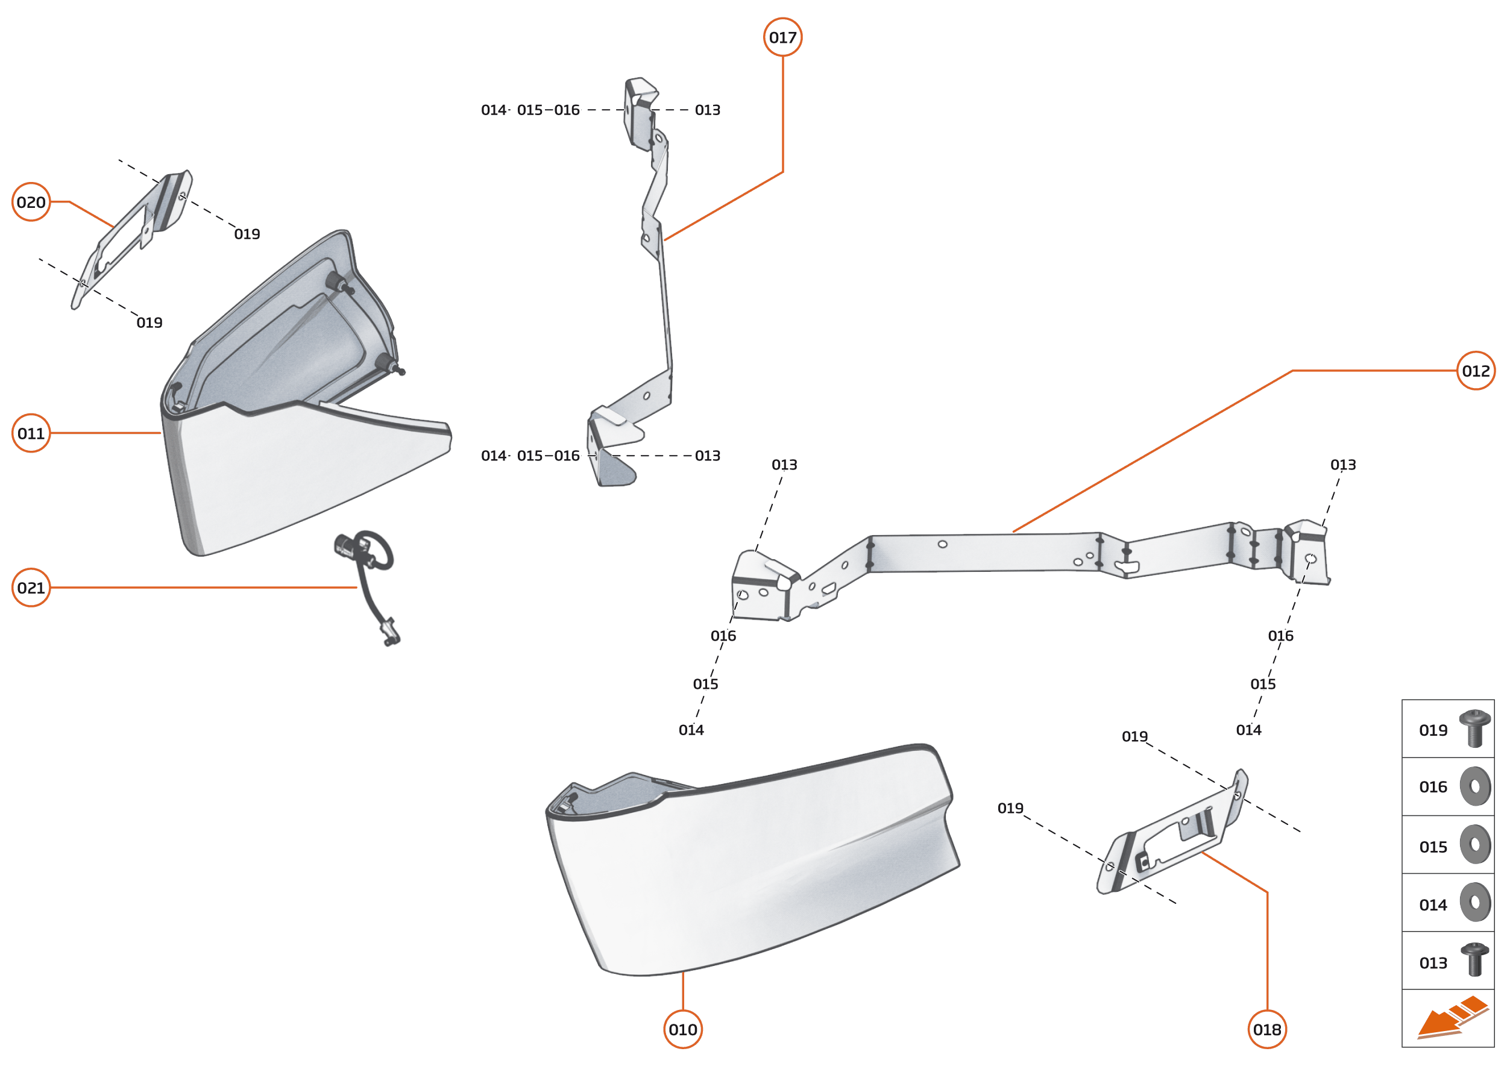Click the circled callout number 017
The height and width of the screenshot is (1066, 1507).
pyautogui.click(x=782, y=37)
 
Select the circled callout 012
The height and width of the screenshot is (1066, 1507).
pyautogui.click(x=1476, y=371)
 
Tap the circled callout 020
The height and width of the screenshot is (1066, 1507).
pyautogui.click(x=31, y=202)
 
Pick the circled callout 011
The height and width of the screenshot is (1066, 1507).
pyautogui.click(x=31, y=433)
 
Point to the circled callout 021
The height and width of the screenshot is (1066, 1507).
pyautogui.click(x=31, y=588)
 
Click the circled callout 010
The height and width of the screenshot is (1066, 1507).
pyautogui.click(x=683, y=1029)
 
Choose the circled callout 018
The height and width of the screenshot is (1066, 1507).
pyautogui.click(x=1267, y=1029)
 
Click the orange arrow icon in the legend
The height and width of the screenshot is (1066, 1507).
pyautogui.click(x=1453, y=1019)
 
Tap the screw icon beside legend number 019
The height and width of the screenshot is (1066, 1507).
pyautogui.click(x=1475, y=729)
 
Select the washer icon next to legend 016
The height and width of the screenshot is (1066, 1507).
pyautogui.click(x=1476, y=786)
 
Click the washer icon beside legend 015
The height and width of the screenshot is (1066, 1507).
pyautogui.click(x=1476, y=844)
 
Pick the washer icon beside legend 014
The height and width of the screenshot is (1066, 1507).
pyautogui.click(x=1476, y=903)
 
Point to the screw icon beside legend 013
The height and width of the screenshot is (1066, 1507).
pyautogui.click(x=1475, y=961)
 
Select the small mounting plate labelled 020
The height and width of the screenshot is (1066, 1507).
pyautogui.click(x=131, y=240)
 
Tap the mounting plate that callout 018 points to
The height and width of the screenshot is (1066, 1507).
pyautogui.click(x=1172, y=832)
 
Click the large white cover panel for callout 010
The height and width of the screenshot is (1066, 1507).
pyautogui.click(x=752, y=861)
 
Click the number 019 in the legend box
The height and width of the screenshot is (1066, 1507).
pyautogui.click(x=1433, y=730)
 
